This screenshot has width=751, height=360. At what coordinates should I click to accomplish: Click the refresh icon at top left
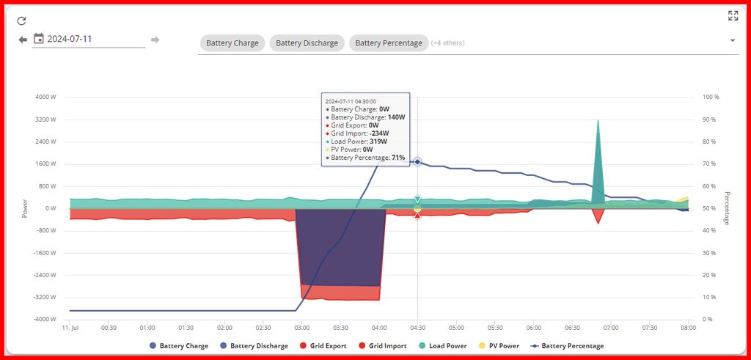pos(22,21)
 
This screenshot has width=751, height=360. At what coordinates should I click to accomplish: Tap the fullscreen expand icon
pos(733,15)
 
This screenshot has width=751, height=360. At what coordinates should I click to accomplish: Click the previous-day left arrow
pos(23,40)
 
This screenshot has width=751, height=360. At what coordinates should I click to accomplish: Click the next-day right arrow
pos(155,40)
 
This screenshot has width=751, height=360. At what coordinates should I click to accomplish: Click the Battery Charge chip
pos(232,43)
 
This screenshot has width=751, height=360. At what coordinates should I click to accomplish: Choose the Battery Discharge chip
pos(307,43)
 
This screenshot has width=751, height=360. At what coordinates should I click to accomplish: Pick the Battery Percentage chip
pos(389,43)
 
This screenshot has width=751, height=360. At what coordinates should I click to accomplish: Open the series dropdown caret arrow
pos(732,41)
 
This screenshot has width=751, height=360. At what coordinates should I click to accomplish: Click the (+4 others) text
pos(447,43)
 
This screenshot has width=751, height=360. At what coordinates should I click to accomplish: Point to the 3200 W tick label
pos(46,120)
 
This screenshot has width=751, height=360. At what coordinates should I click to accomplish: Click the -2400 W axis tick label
pos(45,275)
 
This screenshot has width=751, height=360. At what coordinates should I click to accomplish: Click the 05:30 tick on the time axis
pos(495,328)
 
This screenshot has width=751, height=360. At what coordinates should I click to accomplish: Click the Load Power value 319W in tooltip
pos(378,142)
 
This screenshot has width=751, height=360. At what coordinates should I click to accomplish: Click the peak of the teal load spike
pos(598,120)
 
